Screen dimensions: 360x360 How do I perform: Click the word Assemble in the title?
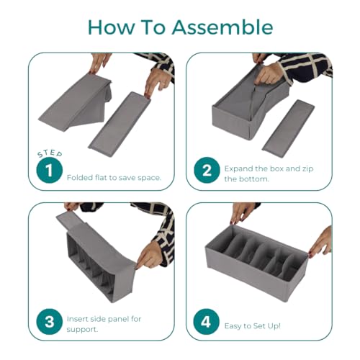(x=222, y=27)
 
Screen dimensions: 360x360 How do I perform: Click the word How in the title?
(x=111, y=27)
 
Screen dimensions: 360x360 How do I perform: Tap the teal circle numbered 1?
(x=50, y=171)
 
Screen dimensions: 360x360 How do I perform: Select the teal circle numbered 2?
(x=207, y=170)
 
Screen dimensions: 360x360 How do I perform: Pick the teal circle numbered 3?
(x=50, y=322)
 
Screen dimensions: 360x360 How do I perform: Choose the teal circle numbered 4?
(x=207, y=322)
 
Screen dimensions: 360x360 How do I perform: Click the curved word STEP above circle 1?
(x=50, y=154)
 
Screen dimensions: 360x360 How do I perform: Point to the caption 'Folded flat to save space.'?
(x=114, y=178)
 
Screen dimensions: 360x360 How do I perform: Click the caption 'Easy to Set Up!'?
(x=253, y=326)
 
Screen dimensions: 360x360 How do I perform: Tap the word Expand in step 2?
(x=238, y=169)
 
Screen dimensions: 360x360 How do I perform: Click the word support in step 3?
(x=82, y=330)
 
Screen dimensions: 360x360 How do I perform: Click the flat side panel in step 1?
(x=120, y=125)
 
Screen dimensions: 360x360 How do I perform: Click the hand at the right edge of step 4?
(x=320, y=242)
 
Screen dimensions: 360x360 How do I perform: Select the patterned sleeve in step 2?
(x=304, y=66)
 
